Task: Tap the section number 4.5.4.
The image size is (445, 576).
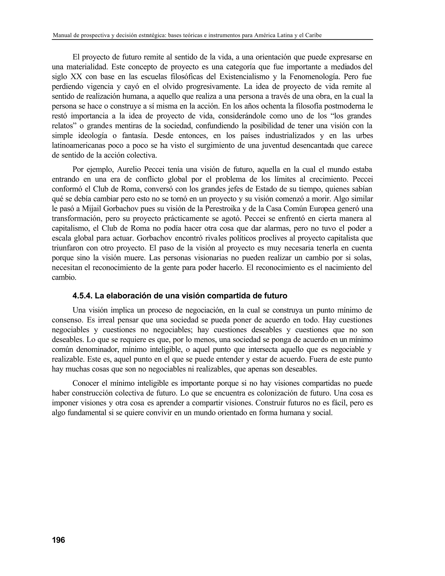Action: pos(82,296)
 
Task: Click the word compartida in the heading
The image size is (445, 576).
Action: pos(229,296)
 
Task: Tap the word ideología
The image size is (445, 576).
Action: pos(93,136)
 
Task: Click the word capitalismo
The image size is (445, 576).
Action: pos(70,228)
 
